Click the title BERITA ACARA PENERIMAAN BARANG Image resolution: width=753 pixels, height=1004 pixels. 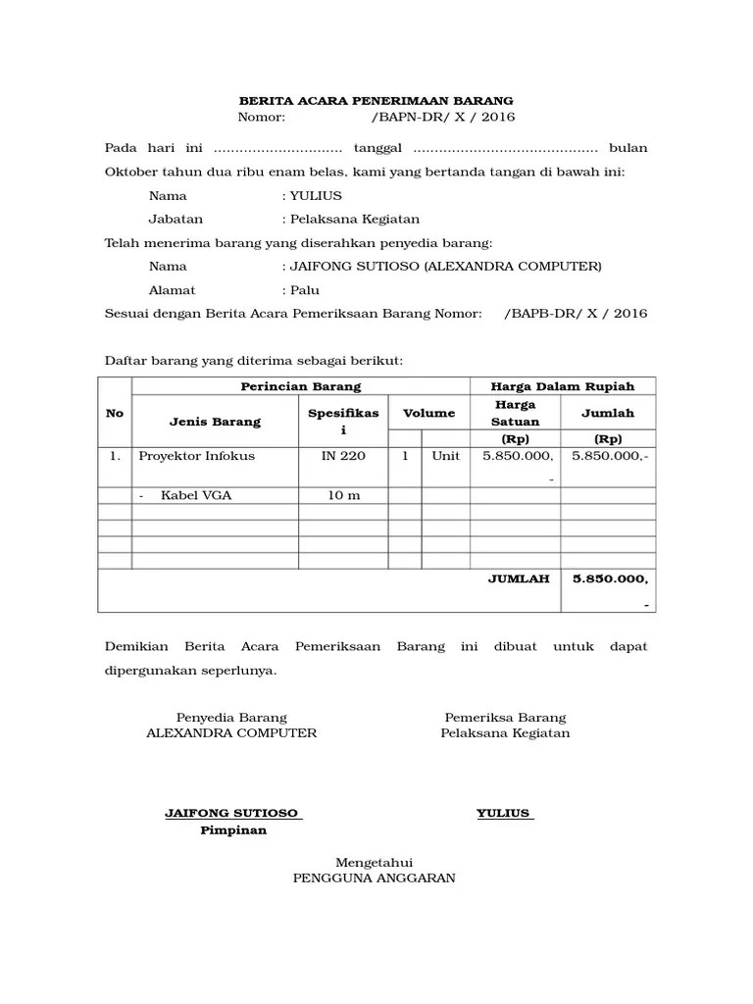coord(376,101)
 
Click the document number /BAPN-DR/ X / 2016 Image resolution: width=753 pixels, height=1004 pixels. coord(443,118)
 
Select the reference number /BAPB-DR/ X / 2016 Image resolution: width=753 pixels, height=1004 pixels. coord(576,314)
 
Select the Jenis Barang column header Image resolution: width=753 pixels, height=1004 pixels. coord(215,422)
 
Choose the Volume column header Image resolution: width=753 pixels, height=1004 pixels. coord(429,413)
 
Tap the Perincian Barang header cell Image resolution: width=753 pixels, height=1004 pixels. coord(301,386)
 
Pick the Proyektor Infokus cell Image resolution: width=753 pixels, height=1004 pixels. coord(197,456)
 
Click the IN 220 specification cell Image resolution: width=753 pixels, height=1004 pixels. coord(343,456)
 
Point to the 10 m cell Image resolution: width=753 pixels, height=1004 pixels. coord(343,495)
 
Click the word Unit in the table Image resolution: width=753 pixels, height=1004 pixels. coord(445,456)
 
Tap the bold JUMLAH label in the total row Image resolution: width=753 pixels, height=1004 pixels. coord(519,578)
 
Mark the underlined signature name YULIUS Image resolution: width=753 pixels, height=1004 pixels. coord(504,813)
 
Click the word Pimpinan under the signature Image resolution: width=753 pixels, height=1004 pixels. coord(233,830)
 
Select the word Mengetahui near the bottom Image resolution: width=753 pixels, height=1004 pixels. coord(375,861)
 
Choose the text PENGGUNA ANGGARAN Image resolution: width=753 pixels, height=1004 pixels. coord(375,878)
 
